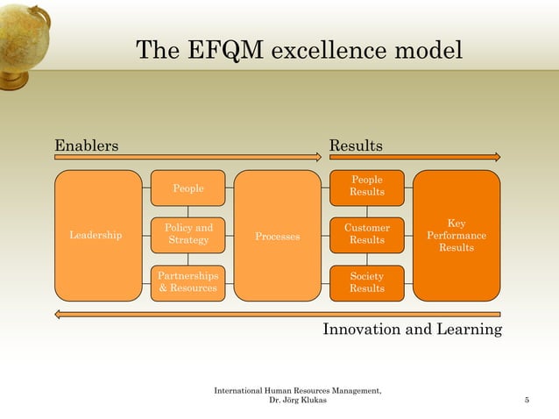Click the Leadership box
point(97,235)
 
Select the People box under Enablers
point(188,188)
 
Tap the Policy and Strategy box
point(188,235)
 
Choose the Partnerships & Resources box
point(188,282)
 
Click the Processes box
point(277,235)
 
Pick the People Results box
point(366,187)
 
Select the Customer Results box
point(366,235)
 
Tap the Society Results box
point(366,282)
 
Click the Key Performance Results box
point(456,235)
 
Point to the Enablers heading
point(87,145)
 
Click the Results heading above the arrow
point(355,145)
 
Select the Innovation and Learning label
point(412,330)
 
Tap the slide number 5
point(527,401)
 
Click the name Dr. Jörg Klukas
point(298,401)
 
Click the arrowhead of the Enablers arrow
point(318,157)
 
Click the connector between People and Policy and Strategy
point(188,211)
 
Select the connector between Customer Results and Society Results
point(366,259)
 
